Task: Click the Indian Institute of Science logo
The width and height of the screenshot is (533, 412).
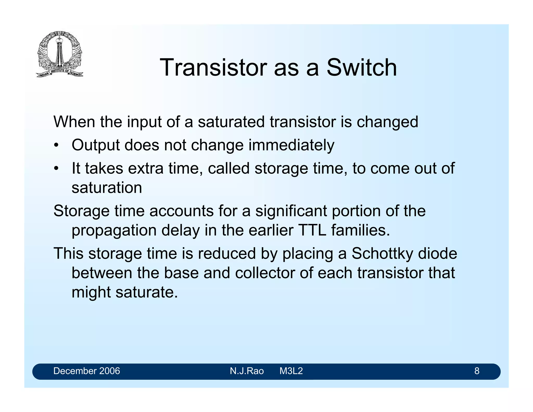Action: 60,54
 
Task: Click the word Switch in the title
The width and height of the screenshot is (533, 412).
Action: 361,68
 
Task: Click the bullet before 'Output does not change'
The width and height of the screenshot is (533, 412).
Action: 56,146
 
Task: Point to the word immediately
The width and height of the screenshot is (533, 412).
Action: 291,145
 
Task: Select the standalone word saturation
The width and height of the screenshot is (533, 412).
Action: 107,188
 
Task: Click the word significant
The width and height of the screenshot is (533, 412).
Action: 291,211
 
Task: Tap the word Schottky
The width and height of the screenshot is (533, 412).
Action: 382,253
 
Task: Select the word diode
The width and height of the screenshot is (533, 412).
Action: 437,253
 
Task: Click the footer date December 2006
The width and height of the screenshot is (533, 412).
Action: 86,371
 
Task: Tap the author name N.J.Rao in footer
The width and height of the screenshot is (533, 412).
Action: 246,371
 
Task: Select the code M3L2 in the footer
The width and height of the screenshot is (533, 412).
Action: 291,371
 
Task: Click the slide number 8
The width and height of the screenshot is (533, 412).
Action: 477,371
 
